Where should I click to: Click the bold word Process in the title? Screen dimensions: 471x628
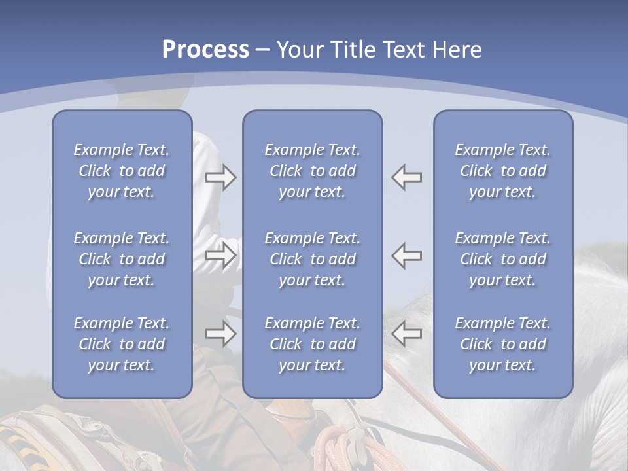pos(205,49)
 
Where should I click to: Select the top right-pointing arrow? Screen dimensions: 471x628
pos(220,177)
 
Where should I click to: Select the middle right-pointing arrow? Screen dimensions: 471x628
pos(220,255)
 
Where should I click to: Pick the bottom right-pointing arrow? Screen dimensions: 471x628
pos(220,334)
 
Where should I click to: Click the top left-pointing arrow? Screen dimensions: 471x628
pos(407,177)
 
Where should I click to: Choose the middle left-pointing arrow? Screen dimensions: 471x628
pos(407,255)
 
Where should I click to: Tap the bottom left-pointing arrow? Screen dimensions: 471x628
pos(407,334)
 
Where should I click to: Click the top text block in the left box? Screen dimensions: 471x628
pos(122,171)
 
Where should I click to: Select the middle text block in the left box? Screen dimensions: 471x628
pos(122,259)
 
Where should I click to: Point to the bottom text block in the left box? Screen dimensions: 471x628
pos(122,344)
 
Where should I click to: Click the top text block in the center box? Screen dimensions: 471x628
pos(312,171)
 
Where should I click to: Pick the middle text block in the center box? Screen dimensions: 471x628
pos(312,259)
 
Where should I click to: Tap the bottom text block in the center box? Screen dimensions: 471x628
pos(312,344)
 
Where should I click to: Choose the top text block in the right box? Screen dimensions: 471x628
pos(502,171)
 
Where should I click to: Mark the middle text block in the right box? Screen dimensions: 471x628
pos(502,259)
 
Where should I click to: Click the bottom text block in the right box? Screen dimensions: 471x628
pos(502,344)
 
